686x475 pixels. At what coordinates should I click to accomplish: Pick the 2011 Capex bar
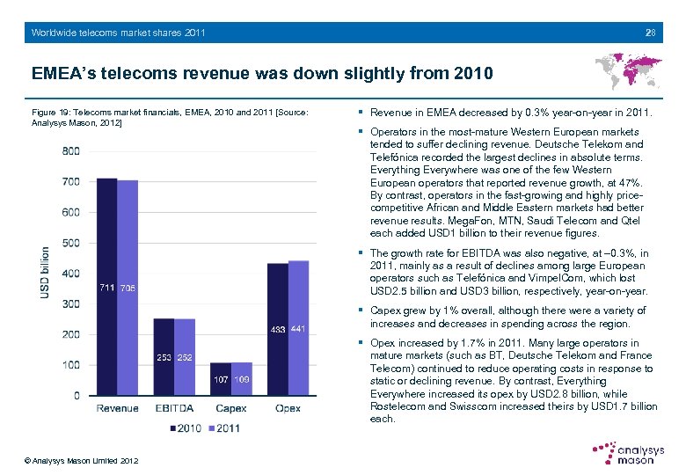[242, 378]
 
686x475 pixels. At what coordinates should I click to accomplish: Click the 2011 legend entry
[223, 427]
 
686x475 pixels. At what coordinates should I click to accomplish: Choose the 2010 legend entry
[186, 427]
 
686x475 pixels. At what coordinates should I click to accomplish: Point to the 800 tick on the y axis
[70, 151]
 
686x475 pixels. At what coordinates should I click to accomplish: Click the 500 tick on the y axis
[70, 243]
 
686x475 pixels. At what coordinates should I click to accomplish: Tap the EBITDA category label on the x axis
[174, 408]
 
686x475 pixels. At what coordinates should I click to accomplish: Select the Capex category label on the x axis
[231, 408]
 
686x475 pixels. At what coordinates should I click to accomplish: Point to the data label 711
[106, 288]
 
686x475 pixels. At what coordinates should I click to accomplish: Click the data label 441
[298, 329]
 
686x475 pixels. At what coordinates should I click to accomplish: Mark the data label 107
[221, 380]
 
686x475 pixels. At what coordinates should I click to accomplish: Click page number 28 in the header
[650, 33]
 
